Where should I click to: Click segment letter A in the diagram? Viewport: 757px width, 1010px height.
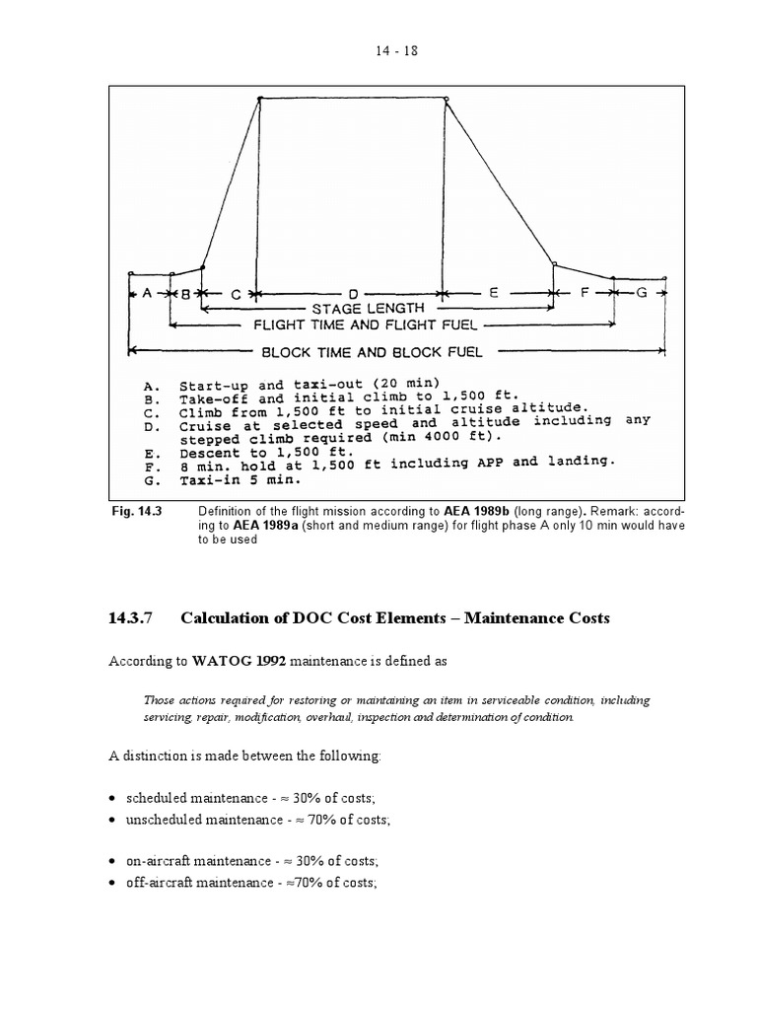(x=148, y=293)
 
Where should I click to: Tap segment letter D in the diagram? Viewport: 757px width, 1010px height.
(x=354, y=293)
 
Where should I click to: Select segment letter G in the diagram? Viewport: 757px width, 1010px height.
(x=642, y=293)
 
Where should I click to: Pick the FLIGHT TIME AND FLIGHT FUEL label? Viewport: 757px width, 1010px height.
(x=366, y=324)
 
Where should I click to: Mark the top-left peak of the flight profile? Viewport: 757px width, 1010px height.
(x=259, y=99)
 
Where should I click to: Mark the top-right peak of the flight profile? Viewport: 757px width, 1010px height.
(x=447, y=99)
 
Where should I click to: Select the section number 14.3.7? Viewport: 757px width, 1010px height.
(x=131, y=618)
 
